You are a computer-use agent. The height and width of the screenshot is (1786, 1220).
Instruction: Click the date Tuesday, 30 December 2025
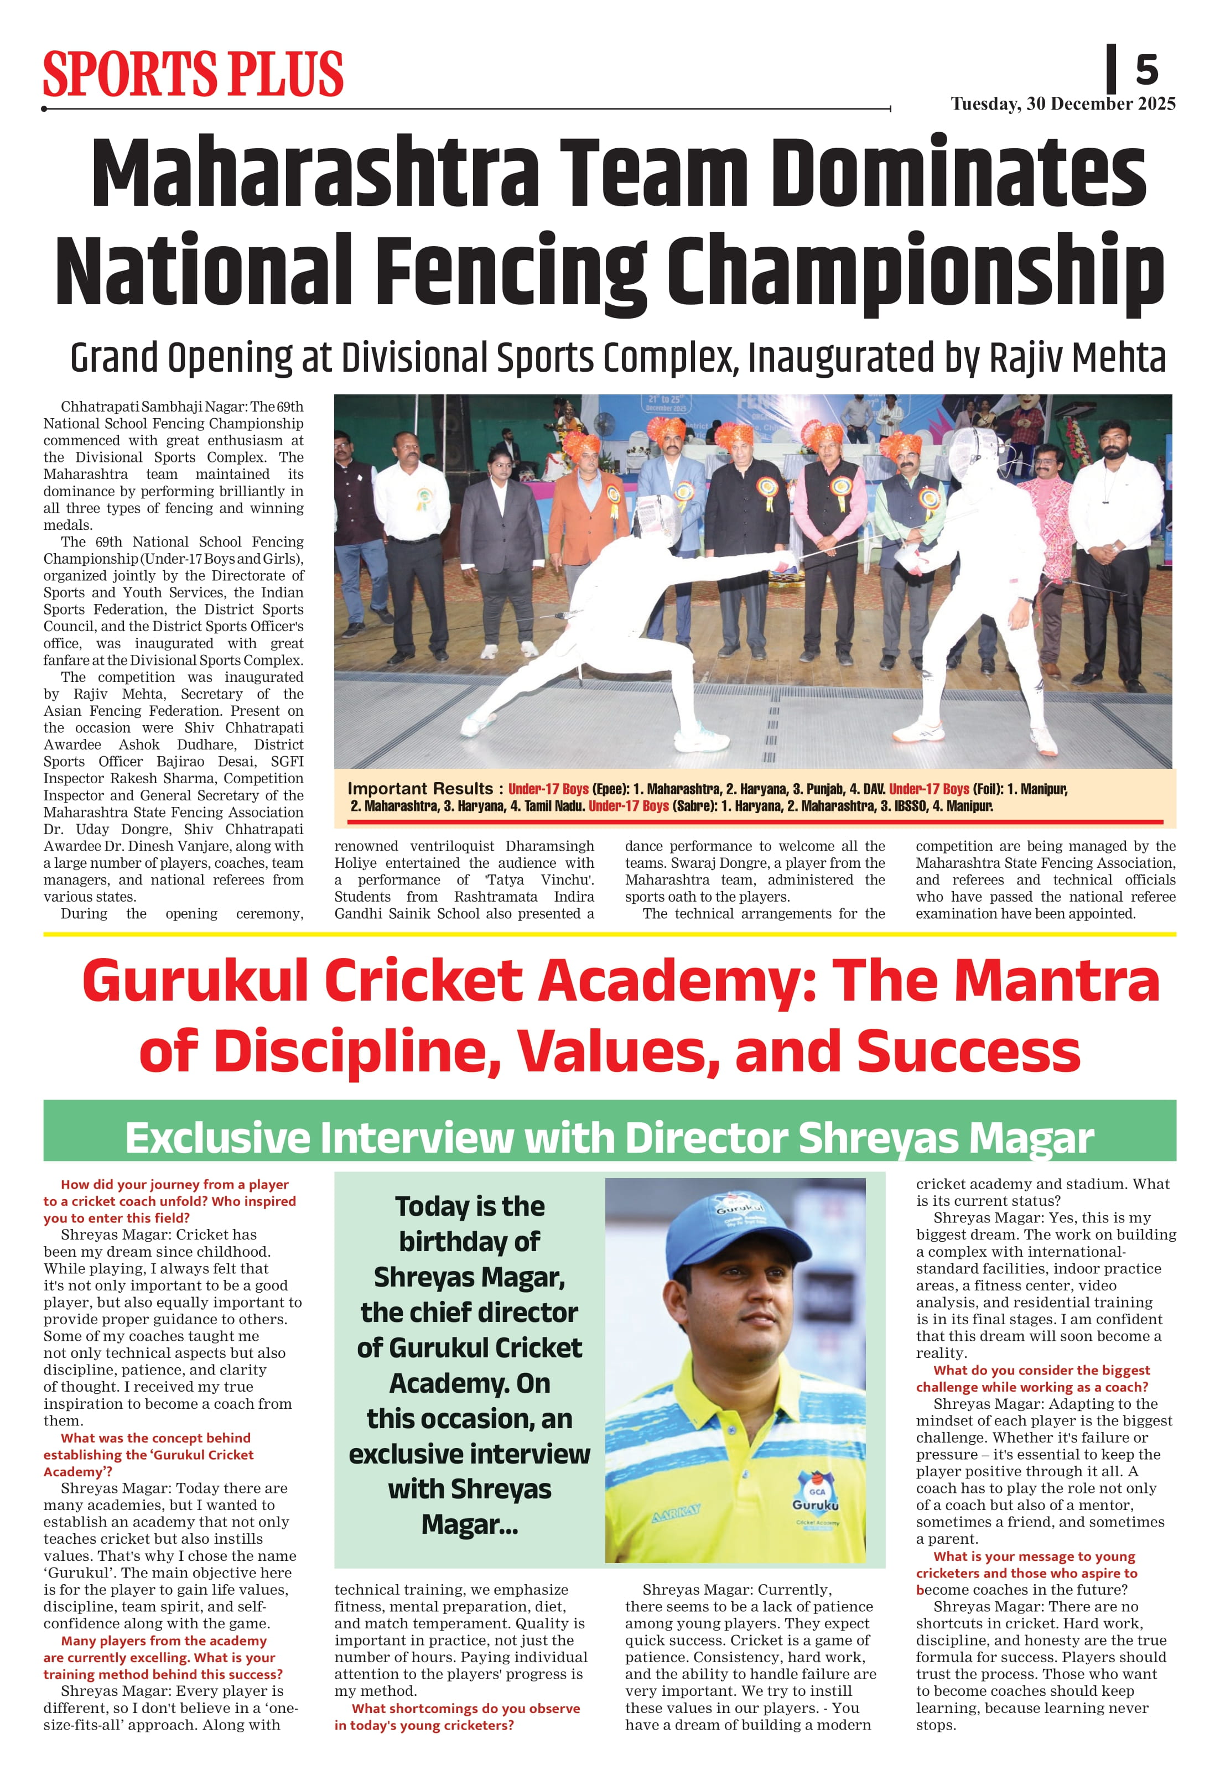1062,104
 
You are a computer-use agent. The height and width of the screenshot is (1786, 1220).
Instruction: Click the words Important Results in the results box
420,789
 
